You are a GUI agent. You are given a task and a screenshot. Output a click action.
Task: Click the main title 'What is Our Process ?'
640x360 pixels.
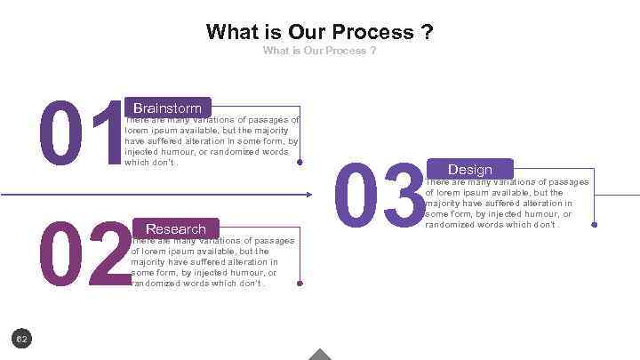point(319,33)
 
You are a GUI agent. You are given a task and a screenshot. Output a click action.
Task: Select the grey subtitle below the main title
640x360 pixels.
point(319,51)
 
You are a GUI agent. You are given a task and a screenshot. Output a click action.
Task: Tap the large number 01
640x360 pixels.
point(80,134)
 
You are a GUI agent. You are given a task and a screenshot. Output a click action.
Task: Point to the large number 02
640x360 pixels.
point(84,255)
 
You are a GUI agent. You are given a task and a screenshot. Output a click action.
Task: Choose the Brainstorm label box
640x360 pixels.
point(167,108)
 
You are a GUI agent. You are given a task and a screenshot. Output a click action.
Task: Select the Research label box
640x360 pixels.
point(175,228)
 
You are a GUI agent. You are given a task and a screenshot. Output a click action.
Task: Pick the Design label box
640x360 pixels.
point(470,169)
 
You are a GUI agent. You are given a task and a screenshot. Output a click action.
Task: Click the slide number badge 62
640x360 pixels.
point(23,339)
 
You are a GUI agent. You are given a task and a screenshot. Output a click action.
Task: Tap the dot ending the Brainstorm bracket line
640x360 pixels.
point(300,163)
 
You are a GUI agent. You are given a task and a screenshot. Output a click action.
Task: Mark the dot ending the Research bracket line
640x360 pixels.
point(300,284)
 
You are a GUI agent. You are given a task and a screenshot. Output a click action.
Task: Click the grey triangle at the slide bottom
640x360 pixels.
point(319,355)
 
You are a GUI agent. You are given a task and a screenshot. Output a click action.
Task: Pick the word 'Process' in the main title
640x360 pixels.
point(376,33)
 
